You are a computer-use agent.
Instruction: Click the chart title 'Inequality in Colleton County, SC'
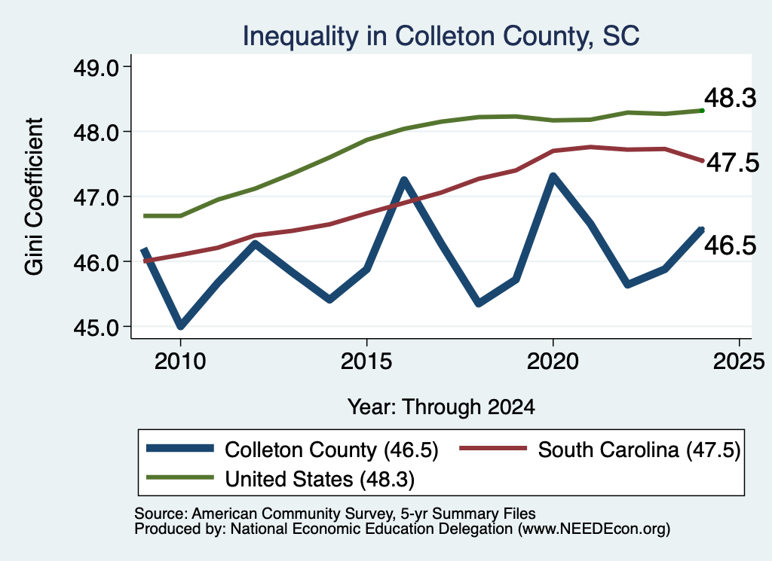click(440, 36)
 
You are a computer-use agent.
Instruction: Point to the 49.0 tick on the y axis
click(96, 67)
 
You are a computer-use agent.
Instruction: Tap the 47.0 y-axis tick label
click(96, 197)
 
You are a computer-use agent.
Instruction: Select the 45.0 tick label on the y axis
click(96, 327)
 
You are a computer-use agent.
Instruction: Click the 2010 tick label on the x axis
click(180, 361)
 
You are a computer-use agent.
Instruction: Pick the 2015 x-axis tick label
click(366, 361)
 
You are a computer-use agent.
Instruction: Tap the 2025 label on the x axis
click(739, 361)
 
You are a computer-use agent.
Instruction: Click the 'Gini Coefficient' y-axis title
click(34, 197)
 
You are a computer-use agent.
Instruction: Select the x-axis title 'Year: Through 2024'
click(441, 407)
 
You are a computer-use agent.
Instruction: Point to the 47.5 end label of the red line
click(733, 162)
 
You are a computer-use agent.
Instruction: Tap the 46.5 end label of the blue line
click(730, 245)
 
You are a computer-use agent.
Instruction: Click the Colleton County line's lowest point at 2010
click(181, 325)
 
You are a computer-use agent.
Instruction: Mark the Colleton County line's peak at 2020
click(553, 175)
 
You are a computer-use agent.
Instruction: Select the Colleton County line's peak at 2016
click(404, 179)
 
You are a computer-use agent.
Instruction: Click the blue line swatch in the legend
click(180, 448)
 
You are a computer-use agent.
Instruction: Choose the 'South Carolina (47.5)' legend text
click(639, 450)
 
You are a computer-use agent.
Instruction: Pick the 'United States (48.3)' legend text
click(320, 479)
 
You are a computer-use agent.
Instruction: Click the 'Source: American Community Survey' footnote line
click(335, 514)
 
